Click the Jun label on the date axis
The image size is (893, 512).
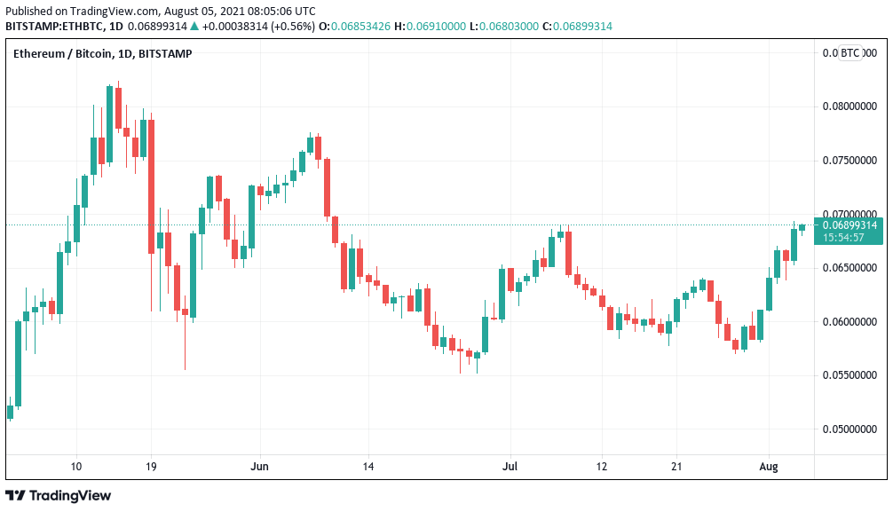(x=259, y=466)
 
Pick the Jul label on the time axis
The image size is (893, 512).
(x=510, y=466)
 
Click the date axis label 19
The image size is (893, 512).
(x=151, y=466)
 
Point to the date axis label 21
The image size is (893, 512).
(x=676, y=466)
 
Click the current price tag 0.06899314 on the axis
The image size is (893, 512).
(x=850, y=225)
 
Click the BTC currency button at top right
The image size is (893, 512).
(x=850, y=53)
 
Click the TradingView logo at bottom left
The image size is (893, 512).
(x=59, y=495)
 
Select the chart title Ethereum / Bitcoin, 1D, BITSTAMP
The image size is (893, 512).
(x=102, y=54)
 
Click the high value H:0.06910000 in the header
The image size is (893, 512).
(x=436, y=27)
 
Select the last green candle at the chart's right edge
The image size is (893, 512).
(x=802, y=227)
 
